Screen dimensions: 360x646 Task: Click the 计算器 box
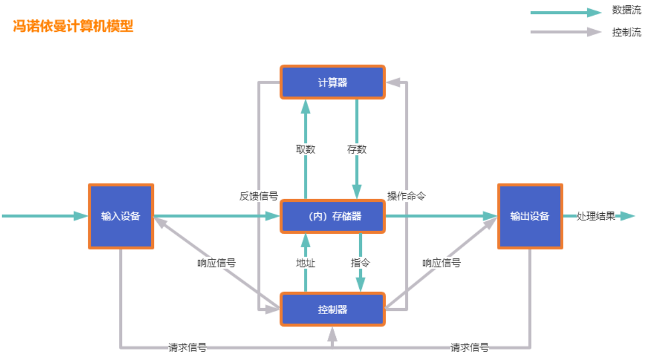click(x=332, y=83)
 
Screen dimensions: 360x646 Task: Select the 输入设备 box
click(x=121, y=216)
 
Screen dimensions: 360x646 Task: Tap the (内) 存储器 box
click(x=332, y=216)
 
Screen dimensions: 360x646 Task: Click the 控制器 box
click(x=332, y=310)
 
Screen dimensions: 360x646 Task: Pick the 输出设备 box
click(x=530, y=216)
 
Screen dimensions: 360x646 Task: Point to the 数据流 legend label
click(x=627, y=10)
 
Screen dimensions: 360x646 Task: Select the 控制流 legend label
click(x=627, y=32)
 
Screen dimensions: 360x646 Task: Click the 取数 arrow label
click(x=306, y=150)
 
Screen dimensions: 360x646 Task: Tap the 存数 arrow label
click(x=356, y=150)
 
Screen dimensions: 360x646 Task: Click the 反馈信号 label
click(x=259, y=196)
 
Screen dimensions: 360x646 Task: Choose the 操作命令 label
click(x=406, y=196)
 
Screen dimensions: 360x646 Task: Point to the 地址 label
click(x=306, y=263)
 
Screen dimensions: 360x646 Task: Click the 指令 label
click(x=360, y=263)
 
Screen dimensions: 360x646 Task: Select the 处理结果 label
click(x=596, y=216)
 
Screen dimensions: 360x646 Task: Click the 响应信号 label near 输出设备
click(x=441, y=263)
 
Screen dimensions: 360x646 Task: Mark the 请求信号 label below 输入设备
click(x=187, y=348)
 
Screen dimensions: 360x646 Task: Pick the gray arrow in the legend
click(x=566, y=32)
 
